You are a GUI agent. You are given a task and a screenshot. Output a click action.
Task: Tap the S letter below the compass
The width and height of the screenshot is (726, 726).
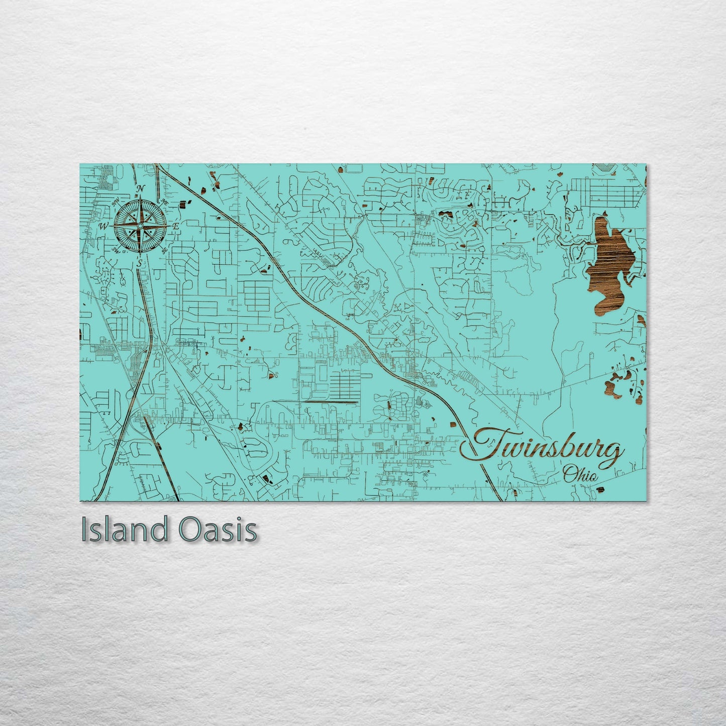point(140,262)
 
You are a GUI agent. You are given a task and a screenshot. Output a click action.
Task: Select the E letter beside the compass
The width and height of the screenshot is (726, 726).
point(176,227)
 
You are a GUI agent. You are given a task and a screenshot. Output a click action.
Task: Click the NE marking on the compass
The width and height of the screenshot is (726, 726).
point(164,202)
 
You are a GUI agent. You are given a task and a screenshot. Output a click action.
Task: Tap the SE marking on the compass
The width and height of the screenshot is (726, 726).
point(164,250)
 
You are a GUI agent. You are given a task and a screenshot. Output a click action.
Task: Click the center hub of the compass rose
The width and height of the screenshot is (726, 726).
point(140,226)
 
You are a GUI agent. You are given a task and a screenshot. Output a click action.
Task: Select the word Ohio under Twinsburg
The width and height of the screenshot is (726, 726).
point(581,473)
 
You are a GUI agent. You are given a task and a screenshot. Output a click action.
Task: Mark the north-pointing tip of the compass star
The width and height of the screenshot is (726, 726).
point(141,196)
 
